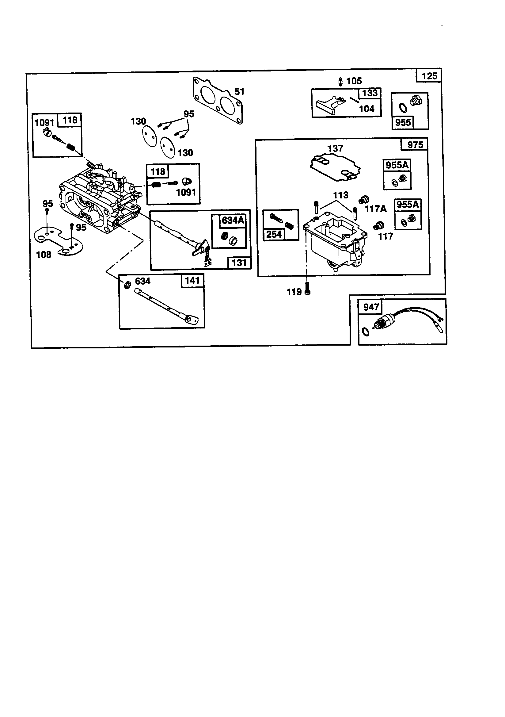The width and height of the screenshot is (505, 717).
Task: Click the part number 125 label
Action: (x=430, y=76)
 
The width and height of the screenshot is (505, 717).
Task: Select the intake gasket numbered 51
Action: (x=218, y=101)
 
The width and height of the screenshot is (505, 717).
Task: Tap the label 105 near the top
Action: (x=354, y=81)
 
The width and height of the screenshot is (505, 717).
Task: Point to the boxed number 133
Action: (x=370, y=93)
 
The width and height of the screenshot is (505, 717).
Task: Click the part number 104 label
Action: (x=367, y=109)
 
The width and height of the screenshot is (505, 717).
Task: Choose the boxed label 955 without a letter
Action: (x=403, y=122)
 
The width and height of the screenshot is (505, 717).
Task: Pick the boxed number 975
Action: (x=416, y=144)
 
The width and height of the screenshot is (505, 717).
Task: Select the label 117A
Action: (x=376, y=209)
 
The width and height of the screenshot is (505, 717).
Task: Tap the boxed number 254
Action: (x=274, y=234)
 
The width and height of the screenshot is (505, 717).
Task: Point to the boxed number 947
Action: (x=371, y=307)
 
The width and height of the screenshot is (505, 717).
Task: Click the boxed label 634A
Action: (x=233, y=220)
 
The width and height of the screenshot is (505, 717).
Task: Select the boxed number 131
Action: (x=239, y=263)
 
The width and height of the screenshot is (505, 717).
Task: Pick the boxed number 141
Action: (x=192, y=280)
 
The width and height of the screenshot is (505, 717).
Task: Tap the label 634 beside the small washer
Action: (x=142, y=281)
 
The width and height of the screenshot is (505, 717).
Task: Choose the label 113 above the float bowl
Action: (x=340, y=195)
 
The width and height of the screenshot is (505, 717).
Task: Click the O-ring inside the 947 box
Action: (x=366, y=332)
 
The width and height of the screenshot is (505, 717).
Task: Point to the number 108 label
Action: (x=44, y=255)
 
